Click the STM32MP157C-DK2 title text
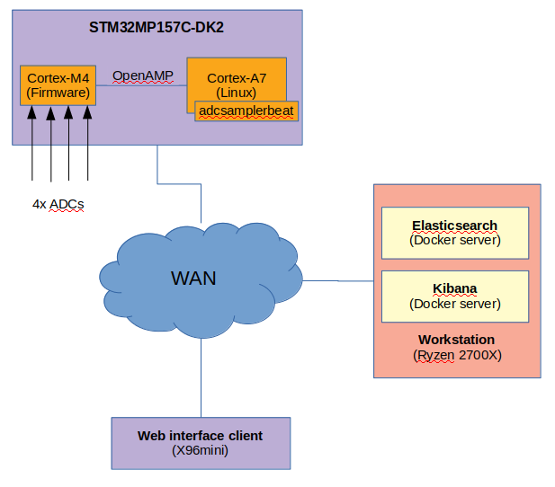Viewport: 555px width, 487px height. coord(157,27)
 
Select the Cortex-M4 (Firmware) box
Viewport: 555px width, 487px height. coord(58,84)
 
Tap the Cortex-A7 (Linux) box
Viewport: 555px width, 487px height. coord(237,79)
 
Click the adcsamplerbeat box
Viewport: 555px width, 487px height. coord(246,111)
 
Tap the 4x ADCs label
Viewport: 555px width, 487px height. coord(58,204)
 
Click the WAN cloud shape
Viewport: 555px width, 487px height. coord(194,278)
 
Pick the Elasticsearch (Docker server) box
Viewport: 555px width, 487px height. coord(454,233)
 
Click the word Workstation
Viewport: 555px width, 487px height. coord(456,340)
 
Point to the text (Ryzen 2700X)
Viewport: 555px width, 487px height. coord(456,355)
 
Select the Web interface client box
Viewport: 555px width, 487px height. coord(200,443)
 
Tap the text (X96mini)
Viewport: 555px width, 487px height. coord(200,450)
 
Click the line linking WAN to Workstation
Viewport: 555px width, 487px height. coord(337,281)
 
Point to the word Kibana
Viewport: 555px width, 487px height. coord(454,288)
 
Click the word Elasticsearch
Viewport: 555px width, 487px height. coord(454,225)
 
